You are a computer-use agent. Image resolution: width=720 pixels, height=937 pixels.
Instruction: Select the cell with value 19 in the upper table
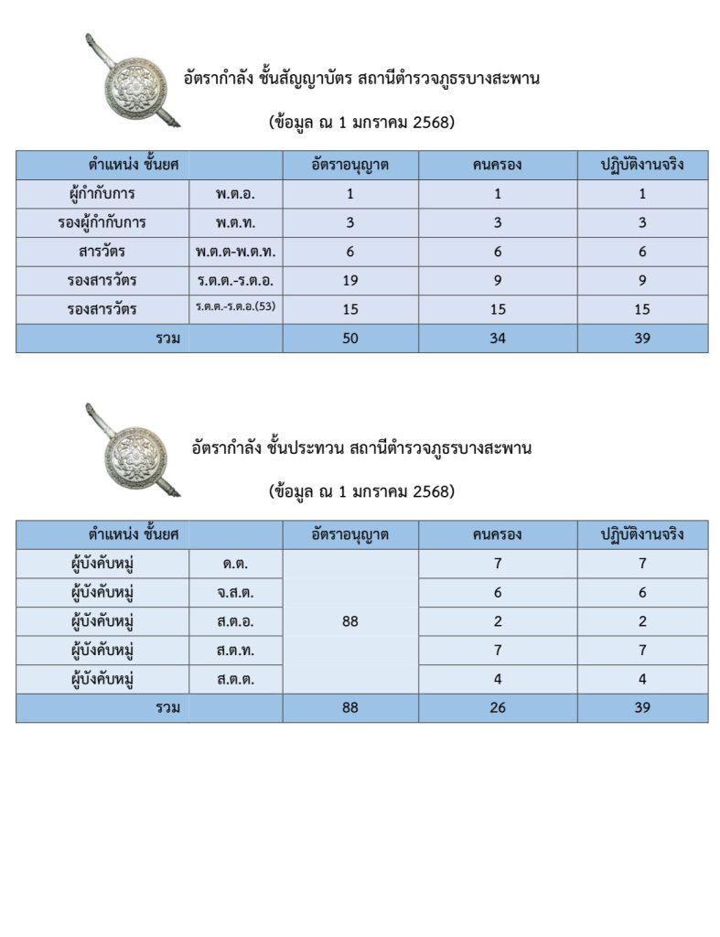[x=350, y=281]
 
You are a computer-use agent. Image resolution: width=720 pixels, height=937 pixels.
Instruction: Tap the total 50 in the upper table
[x=350, y=338]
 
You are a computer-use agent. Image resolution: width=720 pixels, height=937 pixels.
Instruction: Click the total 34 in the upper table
[x=498, y=338]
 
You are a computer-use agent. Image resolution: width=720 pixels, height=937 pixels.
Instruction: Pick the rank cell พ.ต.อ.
[x=235, y=194]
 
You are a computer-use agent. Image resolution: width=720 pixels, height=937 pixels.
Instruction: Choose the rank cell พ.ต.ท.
[x=235, y=222]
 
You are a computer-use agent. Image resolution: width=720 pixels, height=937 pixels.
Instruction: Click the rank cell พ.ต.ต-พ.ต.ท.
[x=235, y=252]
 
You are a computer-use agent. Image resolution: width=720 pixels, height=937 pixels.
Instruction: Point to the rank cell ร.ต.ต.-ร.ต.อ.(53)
[x=235, y=307]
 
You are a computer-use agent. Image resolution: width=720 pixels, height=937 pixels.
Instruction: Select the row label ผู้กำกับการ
[x=102, y=194]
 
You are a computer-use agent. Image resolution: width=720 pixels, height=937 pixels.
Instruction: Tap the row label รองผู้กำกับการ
[x=102, y=222]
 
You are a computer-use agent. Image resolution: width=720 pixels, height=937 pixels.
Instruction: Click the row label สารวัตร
[x=102, y=252]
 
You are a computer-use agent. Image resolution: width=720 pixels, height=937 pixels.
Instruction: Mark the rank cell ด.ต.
[x=235, y=564]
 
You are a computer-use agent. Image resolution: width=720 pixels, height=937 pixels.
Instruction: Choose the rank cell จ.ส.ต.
[x=235, y=593]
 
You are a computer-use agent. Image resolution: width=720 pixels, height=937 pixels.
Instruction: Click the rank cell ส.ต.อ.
[x=235, y=621]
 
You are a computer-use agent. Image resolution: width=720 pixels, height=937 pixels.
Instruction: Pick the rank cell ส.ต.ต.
[x=235, y=679]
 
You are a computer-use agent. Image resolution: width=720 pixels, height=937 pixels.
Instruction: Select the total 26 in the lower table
[x=498, y=707]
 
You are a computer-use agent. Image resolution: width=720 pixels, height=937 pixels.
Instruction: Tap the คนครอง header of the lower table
[x=498, y=534]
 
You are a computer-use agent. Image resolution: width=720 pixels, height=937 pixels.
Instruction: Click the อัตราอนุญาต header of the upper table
[x=350, y=166]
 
